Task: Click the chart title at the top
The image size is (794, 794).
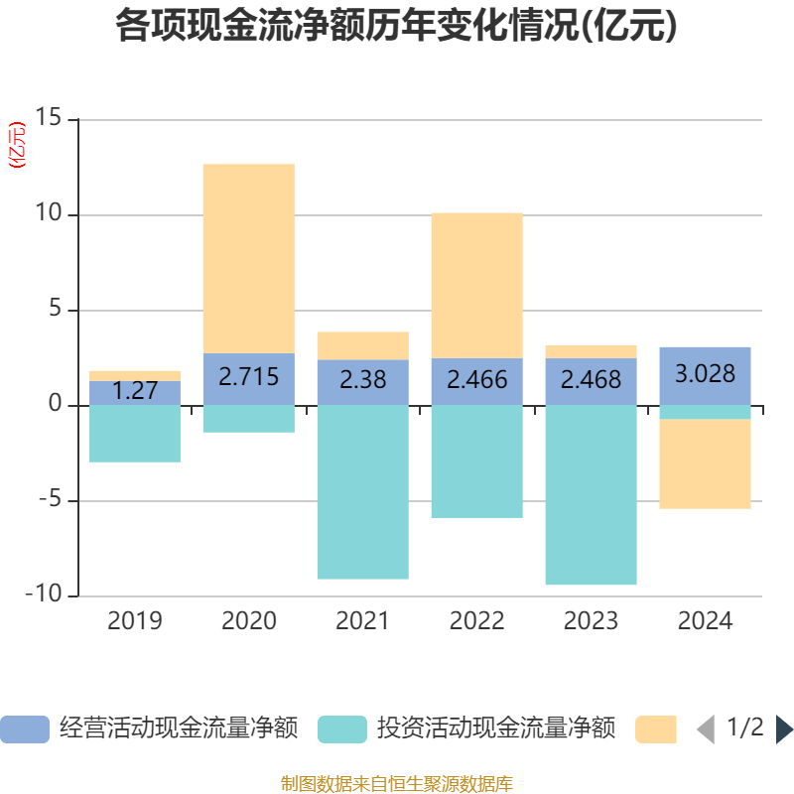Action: coord(397,27)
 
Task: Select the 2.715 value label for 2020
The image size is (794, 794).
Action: coord(248,377)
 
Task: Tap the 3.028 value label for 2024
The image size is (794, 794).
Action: coord(705,374)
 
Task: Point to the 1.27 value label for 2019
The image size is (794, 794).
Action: coord(135,391)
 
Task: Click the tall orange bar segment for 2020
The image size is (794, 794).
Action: coord(248,258)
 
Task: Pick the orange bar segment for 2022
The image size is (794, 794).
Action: coord(476,285)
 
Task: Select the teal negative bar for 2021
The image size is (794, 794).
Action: coord(362,492)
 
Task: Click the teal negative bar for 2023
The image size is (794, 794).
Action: coord(591,495)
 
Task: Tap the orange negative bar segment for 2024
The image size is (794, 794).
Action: coord(705,464)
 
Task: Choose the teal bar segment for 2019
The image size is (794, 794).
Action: coord(135,434)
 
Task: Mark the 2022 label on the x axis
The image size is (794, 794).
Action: coord(476,621)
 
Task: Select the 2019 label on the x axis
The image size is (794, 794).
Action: coord(135,621)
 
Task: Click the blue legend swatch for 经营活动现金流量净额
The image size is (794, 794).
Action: coord(24,728)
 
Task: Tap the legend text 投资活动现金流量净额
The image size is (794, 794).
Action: coord(495,728)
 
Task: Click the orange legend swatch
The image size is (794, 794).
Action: coord(655,728)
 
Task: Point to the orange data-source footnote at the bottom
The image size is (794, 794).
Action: coord(396,784)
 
